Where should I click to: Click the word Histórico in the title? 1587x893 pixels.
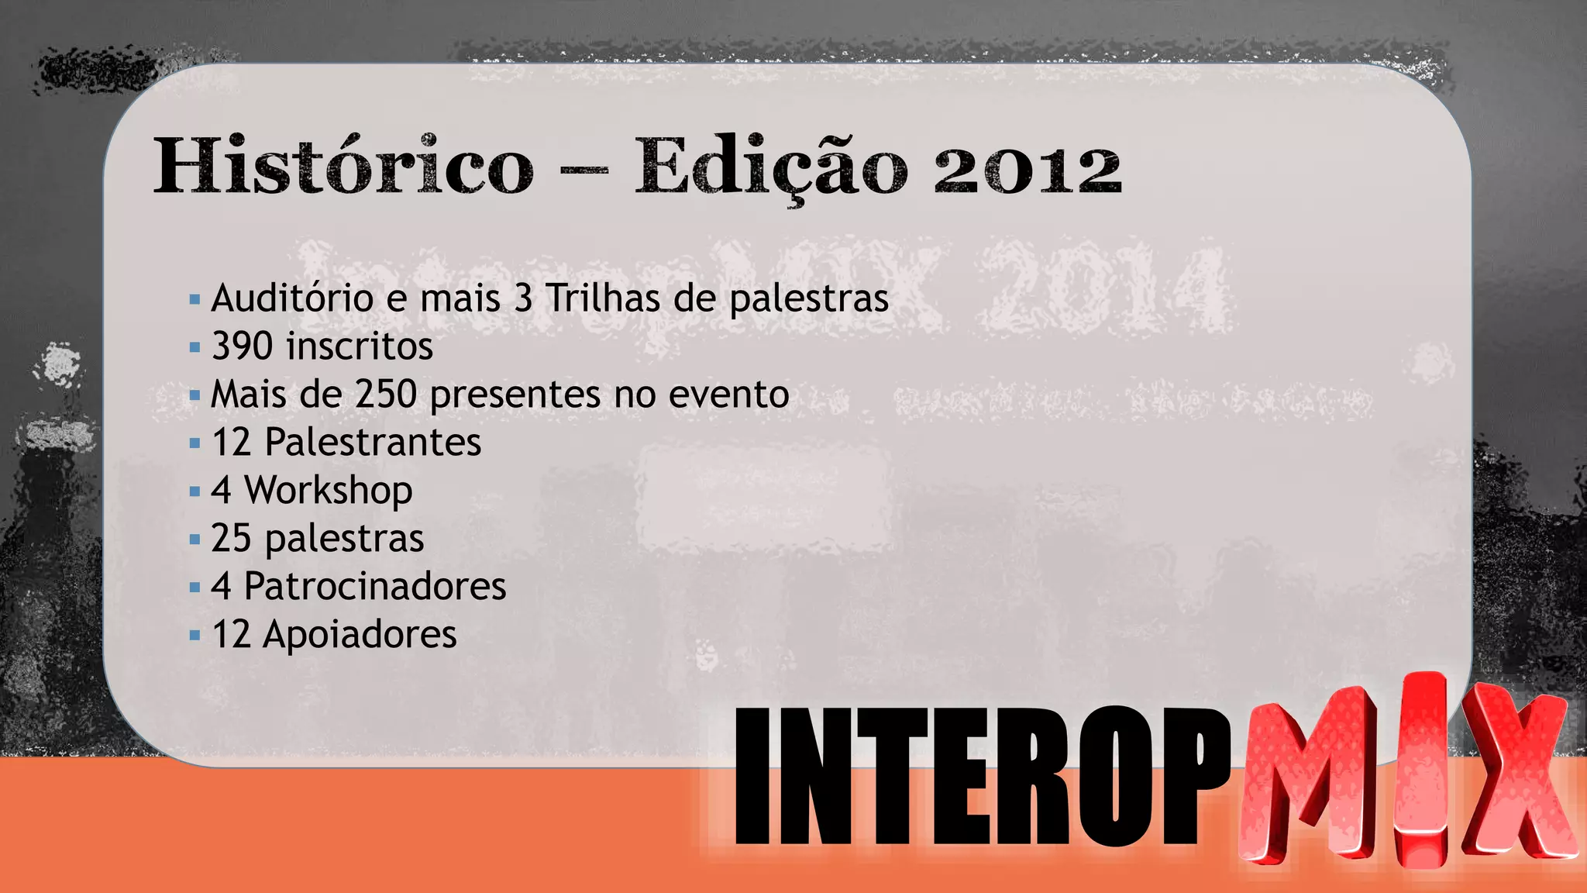[343, 166]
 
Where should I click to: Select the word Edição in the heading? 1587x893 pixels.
[771, 167]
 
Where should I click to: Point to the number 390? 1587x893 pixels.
[242, 347]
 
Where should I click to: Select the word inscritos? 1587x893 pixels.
[360, 347]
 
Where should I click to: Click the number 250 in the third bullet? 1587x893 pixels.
[386, 395]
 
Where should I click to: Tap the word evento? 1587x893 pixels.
[728, 395]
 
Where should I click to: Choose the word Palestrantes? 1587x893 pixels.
[373, 443]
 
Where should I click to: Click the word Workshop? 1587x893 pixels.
[329, 491]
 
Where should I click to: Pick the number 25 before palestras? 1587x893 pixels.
[231, 539]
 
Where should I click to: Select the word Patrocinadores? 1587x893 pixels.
[375, 587]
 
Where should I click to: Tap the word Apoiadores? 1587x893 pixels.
[360, 635]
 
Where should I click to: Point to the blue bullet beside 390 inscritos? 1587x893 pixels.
[195, 347]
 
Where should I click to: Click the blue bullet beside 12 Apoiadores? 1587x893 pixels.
[195, 636]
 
